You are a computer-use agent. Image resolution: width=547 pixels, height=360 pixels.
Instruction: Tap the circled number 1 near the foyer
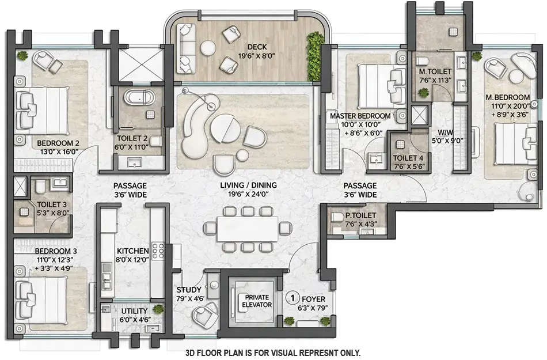pos(293,298)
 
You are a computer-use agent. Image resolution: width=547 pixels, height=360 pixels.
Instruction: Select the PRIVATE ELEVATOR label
pos(252,301)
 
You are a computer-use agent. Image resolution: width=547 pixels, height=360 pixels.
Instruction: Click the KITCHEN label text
pos(133,251)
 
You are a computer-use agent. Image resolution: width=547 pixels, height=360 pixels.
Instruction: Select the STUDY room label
pos(189,290)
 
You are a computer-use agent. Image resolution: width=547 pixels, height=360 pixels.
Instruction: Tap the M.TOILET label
pos(435,71)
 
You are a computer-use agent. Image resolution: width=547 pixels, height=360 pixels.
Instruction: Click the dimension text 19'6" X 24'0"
pos(249,195)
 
